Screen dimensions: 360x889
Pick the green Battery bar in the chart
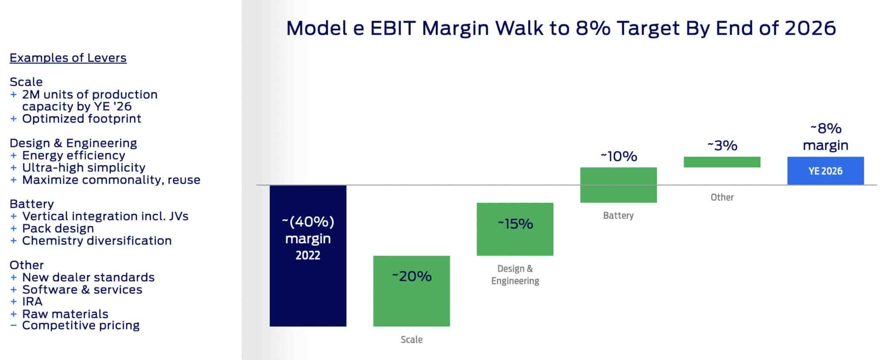point(618,185)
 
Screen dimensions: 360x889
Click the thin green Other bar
point(722,162)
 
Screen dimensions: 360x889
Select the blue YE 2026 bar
point(825,171)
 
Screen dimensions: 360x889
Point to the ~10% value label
point(619,156)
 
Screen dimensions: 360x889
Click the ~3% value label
point(722,145)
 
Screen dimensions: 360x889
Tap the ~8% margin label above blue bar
point(825,136)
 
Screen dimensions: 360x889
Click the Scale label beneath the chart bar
point(412,340)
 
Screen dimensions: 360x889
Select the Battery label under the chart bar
point(618,215)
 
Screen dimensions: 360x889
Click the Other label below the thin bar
point(722,197)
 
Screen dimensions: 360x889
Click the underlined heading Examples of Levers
point(68,58)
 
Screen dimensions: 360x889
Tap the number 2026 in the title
point(810,28)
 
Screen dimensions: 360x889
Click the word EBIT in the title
point(392,28)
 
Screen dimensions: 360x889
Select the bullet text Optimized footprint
point(82,119)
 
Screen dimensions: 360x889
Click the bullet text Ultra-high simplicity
point(84,168)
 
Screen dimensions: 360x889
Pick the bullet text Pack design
point(58,228)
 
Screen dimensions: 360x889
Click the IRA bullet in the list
point(32,301)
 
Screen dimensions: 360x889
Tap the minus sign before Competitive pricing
point(13,325)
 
